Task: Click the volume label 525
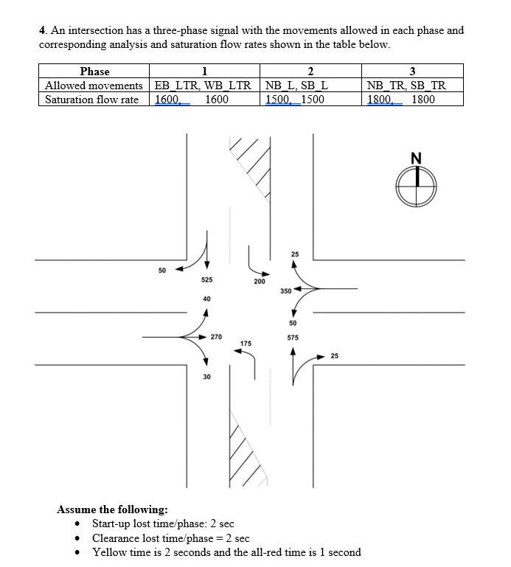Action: point(207,280)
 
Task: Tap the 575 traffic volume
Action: point(293,338)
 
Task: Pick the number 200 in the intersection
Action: point(259,282)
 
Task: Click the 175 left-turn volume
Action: point(246,344)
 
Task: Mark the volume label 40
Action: point(206,299)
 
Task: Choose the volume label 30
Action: point(206,377)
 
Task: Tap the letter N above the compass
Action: point(417,157)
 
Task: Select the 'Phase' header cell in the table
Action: point(94,72)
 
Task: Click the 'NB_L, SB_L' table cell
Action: point(296,86)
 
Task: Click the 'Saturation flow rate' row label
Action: point(92,100)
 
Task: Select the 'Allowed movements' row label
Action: point(94,86)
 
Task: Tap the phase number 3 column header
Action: point(412,72)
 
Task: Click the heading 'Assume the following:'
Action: point(112,509)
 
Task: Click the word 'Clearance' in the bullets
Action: point(117,538)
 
